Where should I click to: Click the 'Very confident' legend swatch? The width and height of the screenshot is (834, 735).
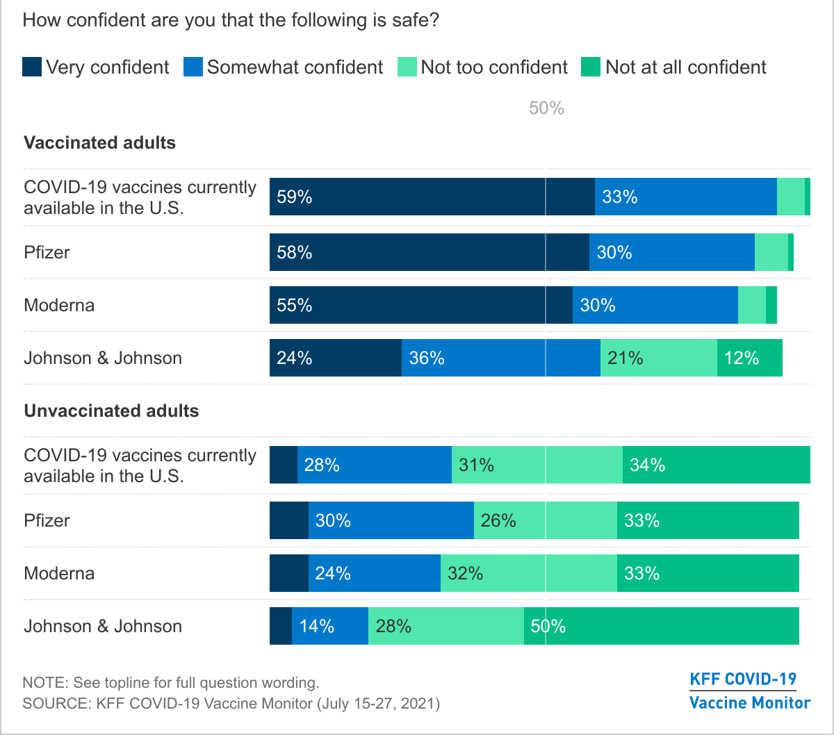click(x=33, y=67)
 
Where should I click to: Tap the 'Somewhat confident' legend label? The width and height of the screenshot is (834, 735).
click(x=295, y=67)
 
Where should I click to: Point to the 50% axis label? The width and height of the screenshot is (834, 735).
click(x=546, y=108)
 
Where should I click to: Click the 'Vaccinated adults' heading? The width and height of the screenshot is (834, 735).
click(x=100, y=143)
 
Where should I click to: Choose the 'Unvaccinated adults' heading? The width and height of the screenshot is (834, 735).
click(x=111, y=411)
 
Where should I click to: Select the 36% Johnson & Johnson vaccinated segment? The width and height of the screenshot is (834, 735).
click(x=500, y=358)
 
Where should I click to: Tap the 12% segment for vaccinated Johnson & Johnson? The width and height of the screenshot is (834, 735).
click(x=749, y=358)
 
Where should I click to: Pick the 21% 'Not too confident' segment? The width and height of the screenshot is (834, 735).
click(x=658, y=358)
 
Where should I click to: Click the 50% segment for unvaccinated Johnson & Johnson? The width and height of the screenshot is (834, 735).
click(x=661, y=626)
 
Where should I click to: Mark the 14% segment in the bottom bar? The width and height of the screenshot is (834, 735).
click(x=329, y=626)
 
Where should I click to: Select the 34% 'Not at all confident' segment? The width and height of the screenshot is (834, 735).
click(x=716, y=465)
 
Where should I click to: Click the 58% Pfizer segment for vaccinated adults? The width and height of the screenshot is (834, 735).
click(x=429, y=252)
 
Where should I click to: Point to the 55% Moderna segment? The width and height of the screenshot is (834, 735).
click(x=420, y=305)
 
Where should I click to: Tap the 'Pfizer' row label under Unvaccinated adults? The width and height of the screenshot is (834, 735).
click(x=47, y=520)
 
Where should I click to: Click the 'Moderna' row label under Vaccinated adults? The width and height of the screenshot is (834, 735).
click(x=59, y=305)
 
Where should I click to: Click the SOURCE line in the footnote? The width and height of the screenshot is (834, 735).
click(x=231, y=702)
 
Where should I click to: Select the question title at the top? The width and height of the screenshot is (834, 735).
click(x=231, y=19)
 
